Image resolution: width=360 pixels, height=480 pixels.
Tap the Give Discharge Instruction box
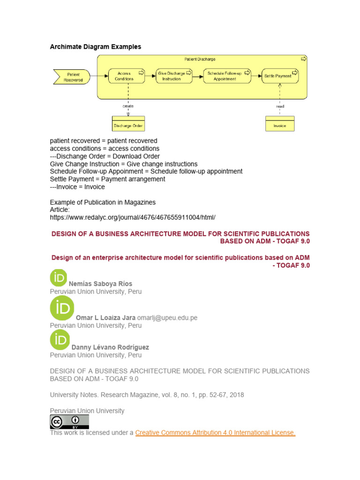pyautogui.click(x=174, y=76)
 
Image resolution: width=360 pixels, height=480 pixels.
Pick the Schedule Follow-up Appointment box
pyautogui.click(x=225, y=76)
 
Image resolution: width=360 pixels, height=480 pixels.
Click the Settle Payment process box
pyautogui.click(x=280, y=76)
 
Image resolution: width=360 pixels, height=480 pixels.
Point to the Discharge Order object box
pyautogui.click(x=128, y=124)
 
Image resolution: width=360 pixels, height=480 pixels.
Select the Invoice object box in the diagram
pyautogui.click(x=280, y=124)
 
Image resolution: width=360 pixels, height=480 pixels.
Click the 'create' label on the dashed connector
pyautogui.click(x=128, y=106)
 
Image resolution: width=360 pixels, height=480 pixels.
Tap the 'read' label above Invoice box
pyautogui.click(x=280, y=106)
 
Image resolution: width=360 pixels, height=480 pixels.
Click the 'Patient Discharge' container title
pyautogui.click(x=200, y=59)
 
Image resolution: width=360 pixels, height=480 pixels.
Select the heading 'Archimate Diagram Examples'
pyautogui.click(x=96, y=47)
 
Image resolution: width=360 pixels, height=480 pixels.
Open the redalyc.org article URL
pyautogui.click(x=133, y=217)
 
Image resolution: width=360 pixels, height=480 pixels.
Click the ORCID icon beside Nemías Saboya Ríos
pyautogui.click(x=59, y=277)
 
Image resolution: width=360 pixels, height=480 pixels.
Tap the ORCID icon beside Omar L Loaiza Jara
pyautogui.click(x=62, y=308)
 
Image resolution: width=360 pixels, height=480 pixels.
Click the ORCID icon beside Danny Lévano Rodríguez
pyautogui.click(x=60, y=340)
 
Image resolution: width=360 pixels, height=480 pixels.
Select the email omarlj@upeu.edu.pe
pyautogui.click(x=167, y=318)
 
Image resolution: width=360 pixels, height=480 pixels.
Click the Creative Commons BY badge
pyautogui.click(x=69, y=422)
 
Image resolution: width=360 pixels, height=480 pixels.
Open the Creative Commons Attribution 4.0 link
pyautogui.click(x=215, y=433)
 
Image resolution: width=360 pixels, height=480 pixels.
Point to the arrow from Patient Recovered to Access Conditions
pyautogui.click(x=98, y=76)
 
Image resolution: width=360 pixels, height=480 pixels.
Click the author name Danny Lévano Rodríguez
pyautogui.click(x=110, y=347)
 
